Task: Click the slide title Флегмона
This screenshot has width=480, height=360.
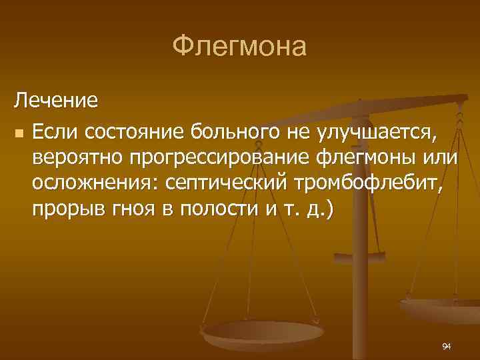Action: [x=239, y=47]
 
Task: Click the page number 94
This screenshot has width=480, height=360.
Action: [x=447, y=346]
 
